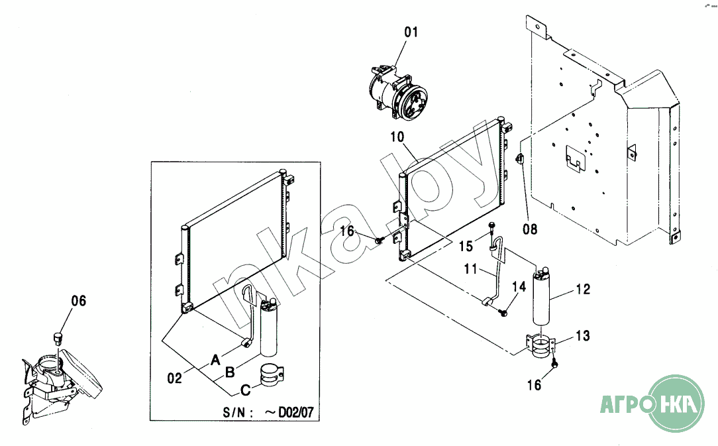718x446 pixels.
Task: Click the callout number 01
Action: point(411,32)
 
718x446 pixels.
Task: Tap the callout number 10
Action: point(397,137)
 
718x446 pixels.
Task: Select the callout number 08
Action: point(530,229)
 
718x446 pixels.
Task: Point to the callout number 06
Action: point(78,301)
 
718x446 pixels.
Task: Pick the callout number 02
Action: point(174,378)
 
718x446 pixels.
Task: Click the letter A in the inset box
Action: point(215,360)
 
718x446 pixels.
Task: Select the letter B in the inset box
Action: point(230,372)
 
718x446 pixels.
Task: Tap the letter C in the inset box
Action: point(246,390)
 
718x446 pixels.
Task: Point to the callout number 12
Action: point(583,289)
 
